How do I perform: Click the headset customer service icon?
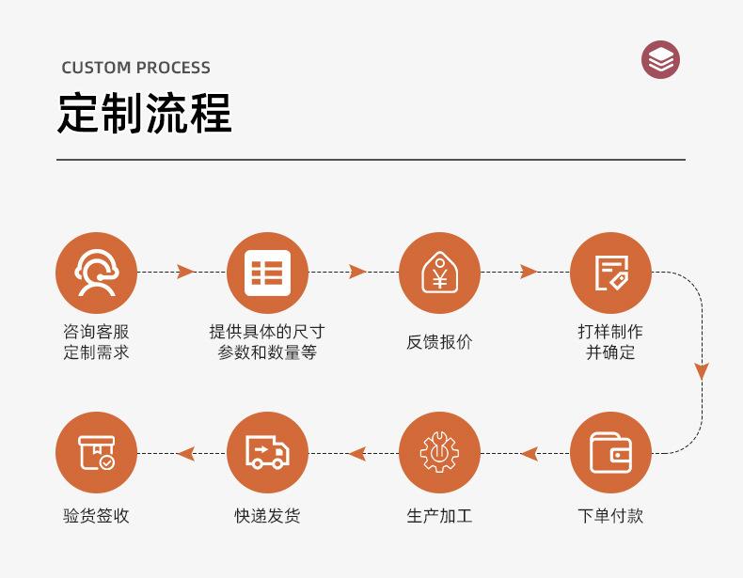click(96, 273)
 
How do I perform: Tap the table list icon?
click(267, 273)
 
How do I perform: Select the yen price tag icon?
click(439, 273)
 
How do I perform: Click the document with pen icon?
click(610, 273)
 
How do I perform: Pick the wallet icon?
click(610, 453)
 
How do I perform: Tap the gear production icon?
click(439, 453)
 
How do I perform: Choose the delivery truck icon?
click(267, 453)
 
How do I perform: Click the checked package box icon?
click(96, 453)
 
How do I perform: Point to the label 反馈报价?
click(439, 342)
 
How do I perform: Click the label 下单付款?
click(610, 516)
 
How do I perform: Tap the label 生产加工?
click(439, 516)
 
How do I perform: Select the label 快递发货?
click(267, 516)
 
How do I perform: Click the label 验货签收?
click(96, 516)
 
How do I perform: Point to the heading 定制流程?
click(144, 115)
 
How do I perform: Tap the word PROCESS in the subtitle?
click(173, 68)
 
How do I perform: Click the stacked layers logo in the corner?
click(660, 60)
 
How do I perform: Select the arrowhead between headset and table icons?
click(185, 273)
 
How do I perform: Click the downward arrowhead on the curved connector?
click(702, 371)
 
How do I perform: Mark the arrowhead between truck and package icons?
click(185, 454)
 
